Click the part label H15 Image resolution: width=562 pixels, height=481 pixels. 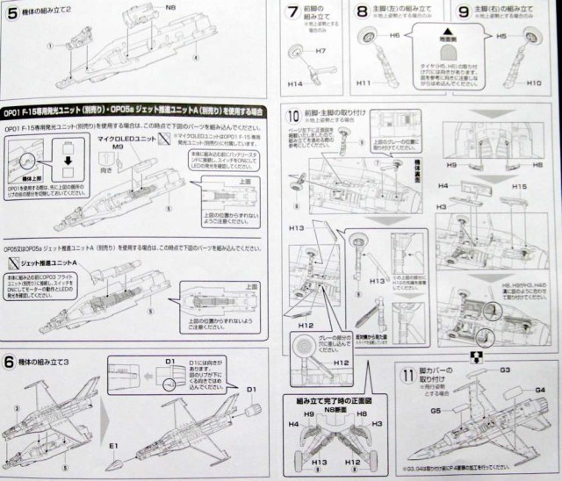(x=519, y=187)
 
